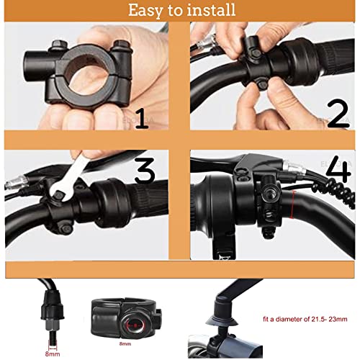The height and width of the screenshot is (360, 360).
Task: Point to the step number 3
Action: (x=144, y=170)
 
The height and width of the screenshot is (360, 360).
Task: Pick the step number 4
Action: (x=339, y=171)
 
